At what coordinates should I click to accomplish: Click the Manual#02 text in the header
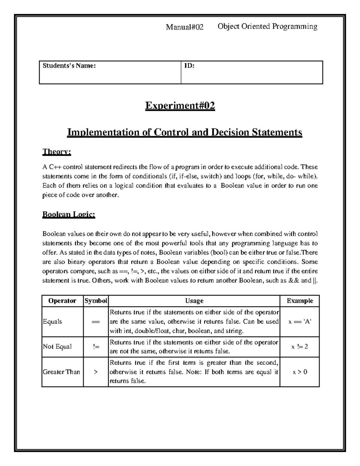[x=185, y=27]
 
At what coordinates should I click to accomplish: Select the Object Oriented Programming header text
[x=267, y=27]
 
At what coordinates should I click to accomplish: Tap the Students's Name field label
[x=69, y=66]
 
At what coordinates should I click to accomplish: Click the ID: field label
[x=189, y=66]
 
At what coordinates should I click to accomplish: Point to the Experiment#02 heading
[x=180, y=106]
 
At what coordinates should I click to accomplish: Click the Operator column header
[x=62, y=301]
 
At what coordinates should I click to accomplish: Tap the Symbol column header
[x=96, y=301]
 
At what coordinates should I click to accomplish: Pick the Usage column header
[x=194, y=301]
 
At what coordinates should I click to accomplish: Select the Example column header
[x=300, y=301]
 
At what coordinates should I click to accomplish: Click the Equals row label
[x=52, y=322]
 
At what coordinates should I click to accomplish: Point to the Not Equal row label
[x=57, y=347]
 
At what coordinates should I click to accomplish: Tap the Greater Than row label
[x=61, y=372]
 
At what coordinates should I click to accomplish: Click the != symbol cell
[x=96, y=347]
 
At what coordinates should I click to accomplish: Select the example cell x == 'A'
[x=300, y=322]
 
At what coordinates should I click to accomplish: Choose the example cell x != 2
[x=300, y=347]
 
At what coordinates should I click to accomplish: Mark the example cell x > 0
[x=300, y=372]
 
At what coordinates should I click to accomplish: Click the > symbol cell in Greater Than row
[x=96, y=372]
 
